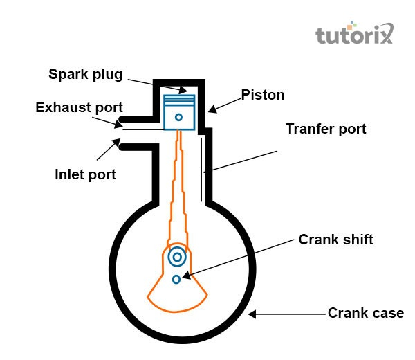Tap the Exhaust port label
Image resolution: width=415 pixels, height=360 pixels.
(x=80, y=107)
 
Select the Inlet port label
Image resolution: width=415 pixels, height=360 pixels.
(x=85, y=174)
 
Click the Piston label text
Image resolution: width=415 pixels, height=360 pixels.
(x=263, y=95)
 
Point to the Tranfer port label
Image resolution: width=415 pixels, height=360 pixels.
(x=326, y=129)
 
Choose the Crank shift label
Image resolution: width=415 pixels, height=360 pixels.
(x=336, y=240)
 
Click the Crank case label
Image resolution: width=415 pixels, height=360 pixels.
(x=366, y=313)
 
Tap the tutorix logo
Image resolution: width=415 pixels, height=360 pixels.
(x=355, y=34)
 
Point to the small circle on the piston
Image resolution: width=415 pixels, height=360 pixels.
(x=178, y=118)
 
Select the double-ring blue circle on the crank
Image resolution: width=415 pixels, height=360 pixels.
(x=177, y=257)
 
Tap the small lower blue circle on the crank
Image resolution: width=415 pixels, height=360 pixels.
(x=177, y=278)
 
